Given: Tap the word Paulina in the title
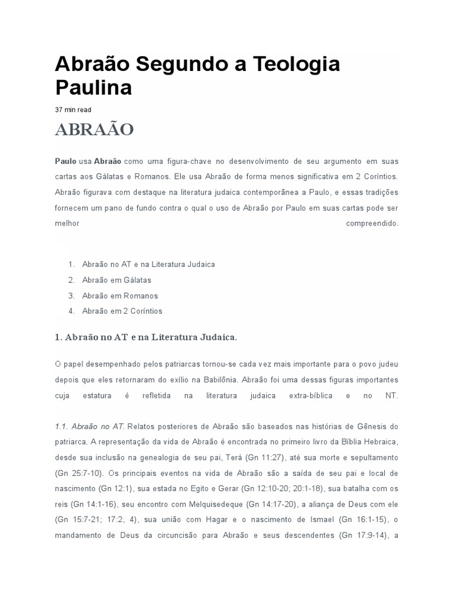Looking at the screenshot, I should pyautogui.click(x=93, y=87).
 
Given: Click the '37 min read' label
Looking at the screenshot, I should pyautogui.click(x=73, y=109).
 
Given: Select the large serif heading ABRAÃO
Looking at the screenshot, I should pyautogui.click(x=95, y=130).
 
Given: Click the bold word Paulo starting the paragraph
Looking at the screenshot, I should pyautogui.click(x=66, y=160).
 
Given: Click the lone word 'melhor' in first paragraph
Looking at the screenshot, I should pyautogui.click(x=67, y=224).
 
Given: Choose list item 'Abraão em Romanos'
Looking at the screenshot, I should pyautogui.click(x=120, y=295).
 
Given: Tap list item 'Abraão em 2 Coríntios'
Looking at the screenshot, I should pyautogui.click(x=122, y=311).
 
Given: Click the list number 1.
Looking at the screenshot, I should pyautogui.click(x=70, y=264).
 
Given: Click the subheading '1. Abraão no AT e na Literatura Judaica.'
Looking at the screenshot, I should pyautogui.click(x=145, y=337).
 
